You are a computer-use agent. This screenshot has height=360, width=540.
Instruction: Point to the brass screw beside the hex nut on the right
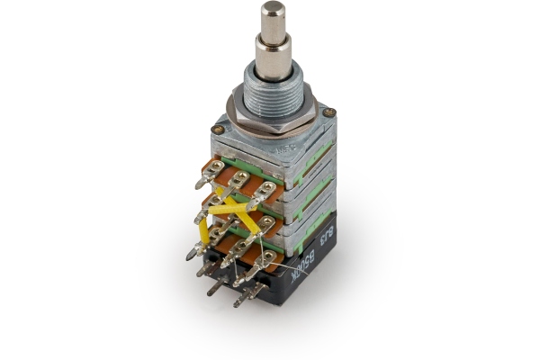[329, 113]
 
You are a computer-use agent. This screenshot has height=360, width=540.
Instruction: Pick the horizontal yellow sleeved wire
[230, 209]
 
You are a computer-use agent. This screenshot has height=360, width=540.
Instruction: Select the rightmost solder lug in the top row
[265, 190]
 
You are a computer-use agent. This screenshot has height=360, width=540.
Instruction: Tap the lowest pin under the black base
[239, 299]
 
